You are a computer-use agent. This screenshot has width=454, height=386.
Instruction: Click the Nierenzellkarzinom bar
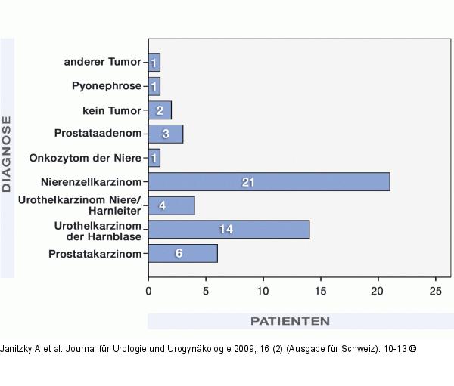[x=269, y=182]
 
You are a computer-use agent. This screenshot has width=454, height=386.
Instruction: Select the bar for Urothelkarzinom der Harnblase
[x=229, y=230]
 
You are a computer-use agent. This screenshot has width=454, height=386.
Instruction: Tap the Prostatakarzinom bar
[x=182, y=254]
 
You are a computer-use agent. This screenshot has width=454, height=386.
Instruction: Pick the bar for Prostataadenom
[x=166, y=134]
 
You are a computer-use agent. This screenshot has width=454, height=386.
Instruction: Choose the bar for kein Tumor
[x=160, y=110]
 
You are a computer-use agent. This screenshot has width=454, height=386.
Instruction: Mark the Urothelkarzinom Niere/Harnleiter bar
[x=171, y=205]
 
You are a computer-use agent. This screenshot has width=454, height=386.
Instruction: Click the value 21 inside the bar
[x=247, y=182]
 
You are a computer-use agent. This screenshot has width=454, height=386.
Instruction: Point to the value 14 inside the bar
[x=225, y=230]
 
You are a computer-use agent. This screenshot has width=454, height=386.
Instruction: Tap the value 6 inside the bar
[x=179, y=254]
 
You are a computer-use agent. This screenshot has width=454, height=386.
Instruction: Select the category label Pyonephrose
[x=107, y=86]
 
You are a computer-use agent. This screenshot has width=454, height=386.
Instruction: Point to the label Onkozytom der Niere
[x=85, y=158]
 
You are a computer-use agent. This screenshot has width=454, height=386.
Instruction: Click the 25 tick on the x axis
[x=435, y=290]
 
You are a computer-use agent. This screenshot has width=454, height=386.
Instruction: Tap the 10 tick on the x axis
[x=263, y=290]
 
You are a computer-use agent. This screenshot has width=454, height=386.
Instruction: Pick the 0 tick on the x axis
[x=148, y=290]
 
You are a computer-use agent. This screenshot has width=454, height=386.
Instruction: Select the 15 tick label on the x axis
[x=321, y=290]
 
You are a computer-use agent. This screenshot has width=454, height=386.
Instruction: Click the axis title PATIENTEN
[x=290, y=321]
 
